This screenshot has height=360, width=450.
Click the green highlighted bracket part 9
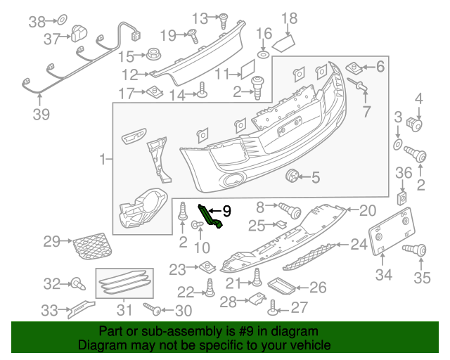[x=210, y=216]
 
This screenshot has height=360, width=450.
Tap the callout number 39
[x=41, y=115]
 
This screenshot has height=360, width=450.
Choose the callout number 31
[x=124, y=309]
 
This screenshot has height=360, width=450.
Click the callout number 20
[x=368, y=210]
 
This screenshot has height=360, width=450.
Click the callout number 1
[x=103, y=160]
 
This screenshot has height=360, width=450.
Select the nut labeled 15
[x=152, y=54]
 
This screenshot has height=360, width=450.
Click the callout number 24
[x=359, y=245]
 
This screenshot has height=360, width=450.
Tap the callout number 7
[x=366, y=111]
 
